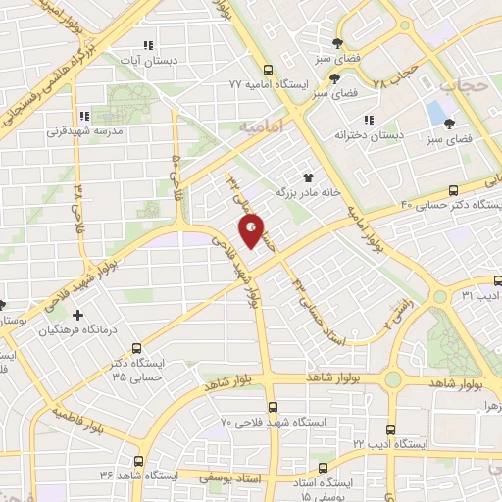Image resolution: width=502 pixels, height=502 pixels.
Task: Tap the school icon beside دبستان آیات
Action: pyautogui.click(x=148, y=45)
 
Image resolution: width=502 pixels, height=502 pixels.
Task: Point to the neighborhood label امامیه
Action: pyautogui.click(x=259, y=126)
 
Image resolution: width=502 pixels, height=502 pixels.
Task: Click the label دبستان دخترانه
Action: pyautogui.click(x=368, y=133)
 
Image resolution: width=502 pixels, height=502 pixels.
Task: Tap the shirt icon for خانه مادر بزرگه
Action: pyautogui.click(x=310, y=177)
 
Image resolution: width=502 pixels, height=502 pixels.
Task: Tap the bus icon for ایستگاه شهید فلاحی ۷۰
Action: pyautogui.click(x=273, y=406)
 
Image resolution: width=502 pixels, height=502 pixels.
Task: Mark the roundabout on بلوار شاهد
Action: pyautogui.click(x=392, y=378)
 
